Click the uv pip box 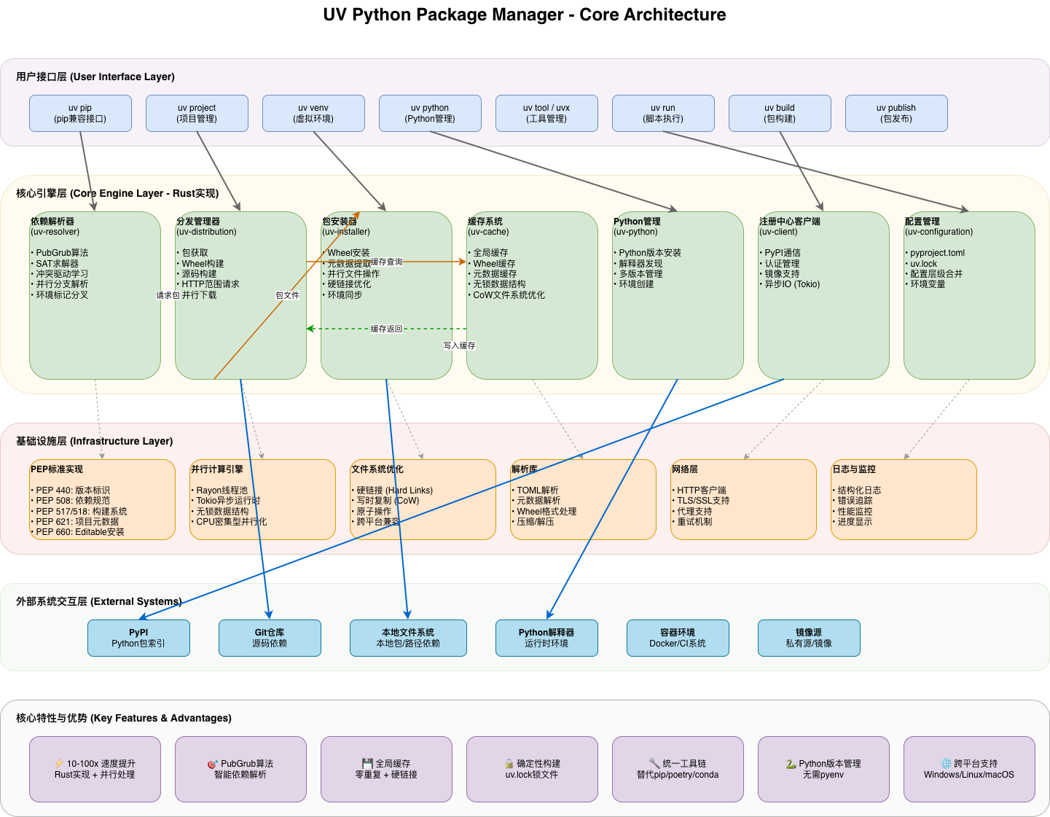click(80, 113)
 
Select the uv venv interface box click(313, 113)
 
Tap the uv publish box click(896, 113)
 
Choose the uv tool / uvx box click(546, 113)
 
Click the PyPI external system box click(138, 638)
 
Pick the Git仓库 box click(270, 638)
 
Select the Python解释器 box click(546, 638)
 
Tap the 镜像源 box click(809, 638)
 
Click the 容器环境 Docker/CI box click(678, 638)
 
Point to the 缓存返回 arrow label click(386, 329)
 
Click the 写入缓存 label click(459, 345)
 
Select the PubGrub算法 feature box click(240, 769)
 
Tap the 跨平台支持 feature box click(969, 769)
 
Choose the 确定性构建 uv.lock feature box click(532, 769)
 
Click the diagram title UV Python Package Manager click(525, 15)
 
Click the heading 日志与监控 click(855, 469)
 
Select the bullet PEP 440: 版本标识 click(73, 490)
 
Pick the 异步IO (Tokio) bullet click(792, 284)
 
